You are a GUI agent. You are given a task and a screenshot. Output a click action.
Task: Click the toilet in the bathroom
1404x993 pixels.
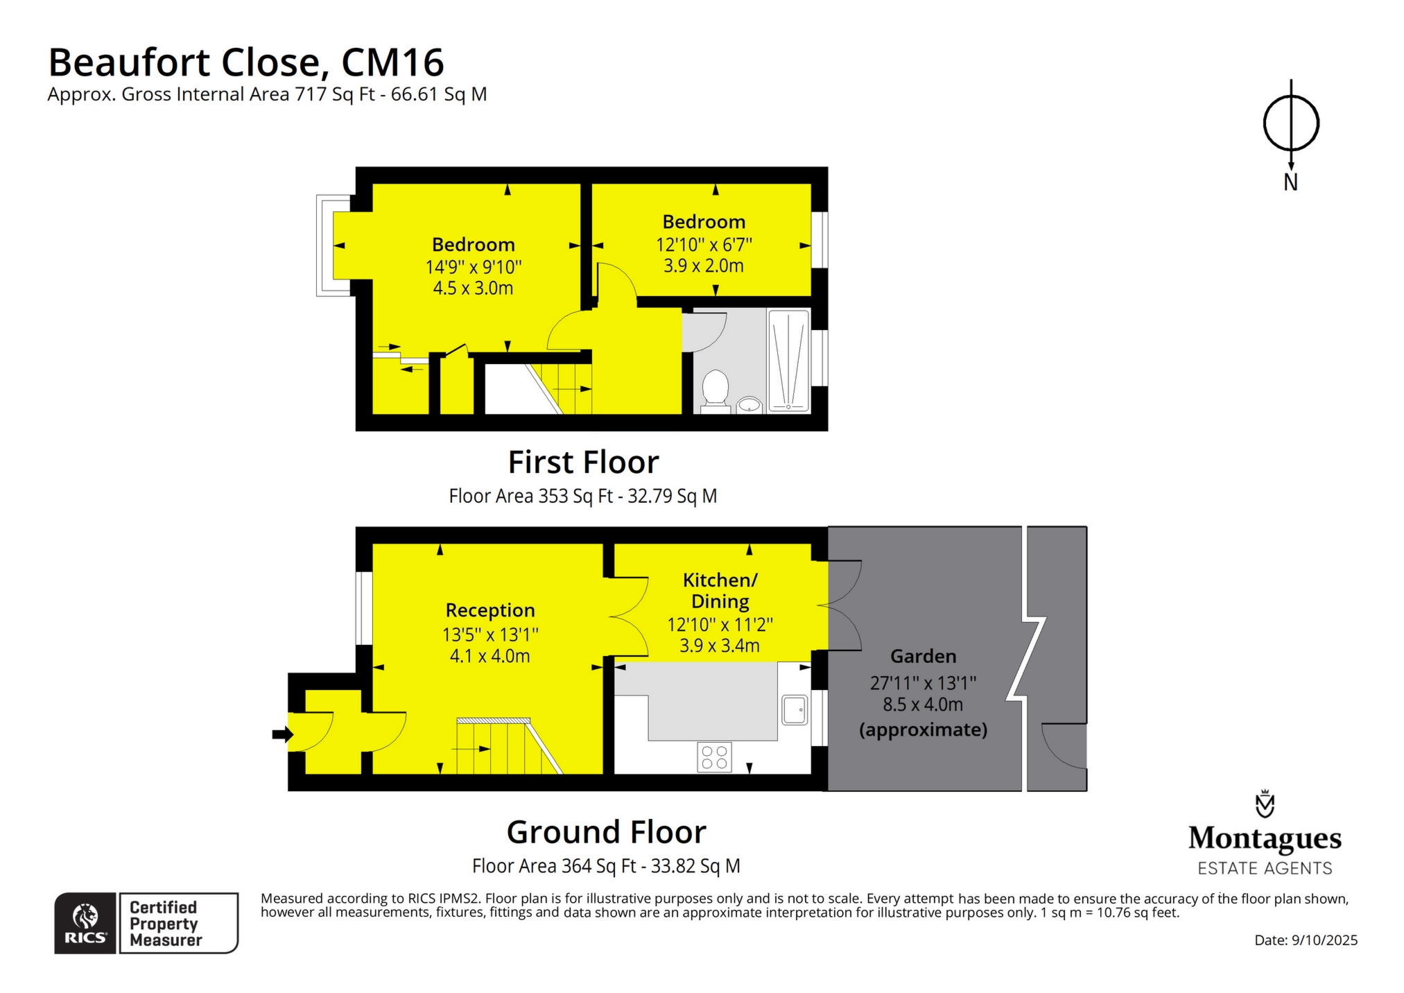click(x=715, y=391)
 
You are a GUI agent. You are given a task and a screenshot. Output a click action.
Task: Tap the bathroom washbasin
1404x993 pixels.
click(x=749, y=404)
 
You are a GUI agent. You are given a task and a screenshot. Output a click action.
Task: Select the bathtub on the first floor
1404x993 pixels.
click(x=789, y=361)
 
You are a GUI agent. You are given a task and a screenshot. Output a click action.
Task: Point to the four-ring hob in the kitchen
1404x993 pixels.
click(x=714, y=757)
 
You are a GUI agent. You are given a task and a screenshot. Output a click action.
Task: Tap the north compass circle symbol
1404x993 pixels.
click(x=1290, y=123)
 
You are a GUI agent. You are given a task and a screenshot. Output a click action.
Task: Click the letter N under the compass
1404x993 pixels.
click(x=1290, y=182)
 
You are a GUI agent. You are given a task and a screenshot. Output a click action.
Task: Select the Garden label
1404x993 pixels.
click(x=923, y=656)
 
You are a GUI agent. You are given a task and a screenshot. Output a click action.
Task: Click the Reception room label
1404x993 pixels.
click(x=490, y=610)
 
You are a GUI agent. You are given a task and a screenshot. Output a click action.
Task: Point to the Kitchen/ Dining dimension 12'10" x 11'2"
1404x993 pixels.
click(x=720, y=625)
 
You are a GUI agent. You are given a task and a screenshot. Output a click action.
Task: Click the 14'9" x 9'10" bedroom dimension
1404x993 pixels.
click(x=474, y=267)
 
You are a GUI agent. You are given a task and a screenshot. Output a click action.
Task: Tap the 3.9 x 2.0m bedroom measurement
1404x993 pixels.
click(x=704, y=266)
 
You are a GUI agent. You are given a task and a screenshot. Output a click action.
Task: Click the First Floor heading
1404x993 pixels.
click(x=584, y=462)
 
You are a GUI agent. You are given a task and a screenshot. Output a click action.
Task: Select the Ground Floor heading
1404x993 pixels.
click(x=607, y=831)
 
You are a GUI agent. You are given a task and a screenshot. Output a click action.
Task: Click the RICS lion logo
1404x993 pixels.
click(x=85, y=922)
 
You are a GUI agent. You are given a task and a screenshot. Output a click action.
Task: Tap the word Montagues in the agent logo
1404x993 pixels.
click(x=1265, y=838)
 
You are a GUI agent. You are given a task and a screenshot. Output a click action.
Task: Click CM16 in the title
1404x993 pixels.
click(x=392, y=62)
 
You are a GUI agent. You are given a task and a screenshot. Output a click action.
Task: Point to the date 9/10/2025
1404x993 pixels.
click(x=1324, y=940)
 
